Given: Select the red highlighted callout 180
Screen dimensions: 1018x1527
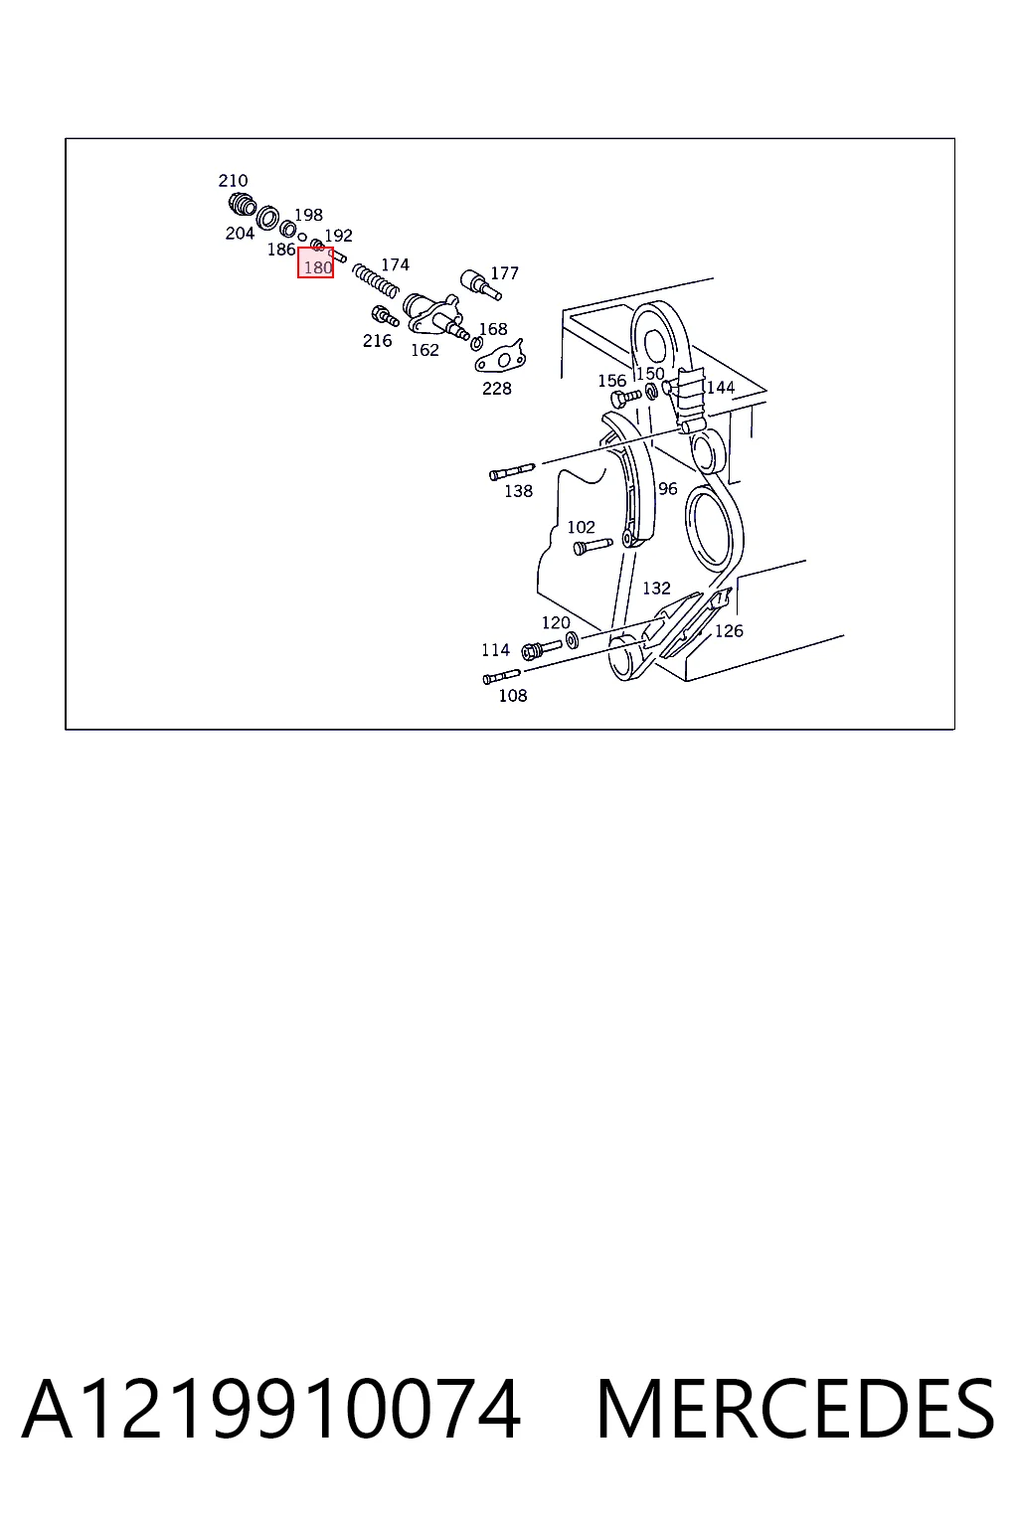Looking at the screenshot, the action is [x=315, y=262].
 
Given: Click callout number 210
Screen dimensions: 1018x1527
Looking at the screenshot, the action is [x=233, y=181].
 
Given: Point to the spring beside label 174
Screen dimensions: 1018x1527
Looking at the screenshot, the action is [x=375, y=281].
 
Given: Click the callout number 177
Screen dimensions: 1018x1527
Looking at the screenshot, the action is [x=505, y=273].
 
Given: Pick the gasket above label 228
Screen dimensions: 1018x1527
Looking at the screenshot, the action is [x=500, y=357].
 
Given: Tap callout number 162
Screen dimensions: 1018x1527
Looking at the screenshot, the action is [x=424, y=350].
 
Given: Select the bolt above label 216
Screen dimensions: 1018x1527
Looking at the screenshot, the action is [x=385, y=316].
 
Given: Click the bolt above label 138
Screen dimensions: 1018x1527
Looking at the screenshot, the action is [x=511, y=471].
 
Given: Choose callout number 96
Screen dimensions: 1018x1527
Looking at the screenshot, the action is [x=667, y=489].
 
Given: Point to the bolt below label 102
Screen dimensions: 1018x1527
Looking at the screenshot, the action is [x=593, y=546].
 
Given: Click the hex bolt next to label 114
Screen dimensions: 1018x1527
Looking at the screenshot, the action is [x=542, y=649].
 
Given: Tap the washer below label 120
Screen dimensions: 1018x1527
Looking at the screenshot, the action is [x=572, y=639].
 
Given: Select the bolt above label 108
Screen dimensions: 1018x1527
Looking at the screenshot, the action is [x=501, y=677].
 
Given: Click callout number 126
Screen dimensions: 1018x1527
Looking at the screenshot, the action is [x=729, y=631].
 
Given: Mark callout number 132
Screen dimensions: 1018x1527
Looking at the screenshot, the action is [x=656, y=589].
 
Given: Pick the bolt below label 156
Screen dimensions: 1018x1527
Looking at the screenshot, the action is [x=626, y=397].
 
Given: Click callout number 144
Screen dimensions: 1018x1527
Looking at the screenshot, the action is [x=721, y=388].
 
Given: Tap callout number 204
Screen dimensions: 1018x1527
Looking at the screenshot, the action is [x=240, y=234].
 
